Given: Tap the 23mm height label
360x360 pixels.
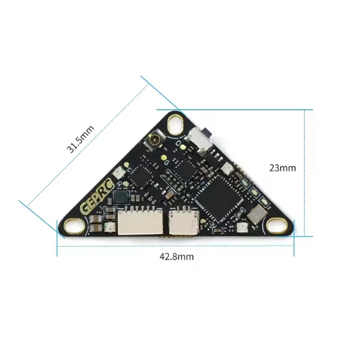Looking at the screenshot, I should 282,168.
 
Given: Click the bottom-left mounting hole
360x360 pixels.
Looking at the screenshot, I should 73,226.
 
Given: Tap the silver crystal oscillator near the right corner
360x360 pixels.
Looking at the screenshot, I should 257,215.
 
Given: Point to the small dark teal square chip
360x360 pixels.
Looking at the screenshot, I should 122,197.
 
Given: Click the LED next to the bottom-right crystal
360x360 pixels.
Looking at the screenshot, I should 240,228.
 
